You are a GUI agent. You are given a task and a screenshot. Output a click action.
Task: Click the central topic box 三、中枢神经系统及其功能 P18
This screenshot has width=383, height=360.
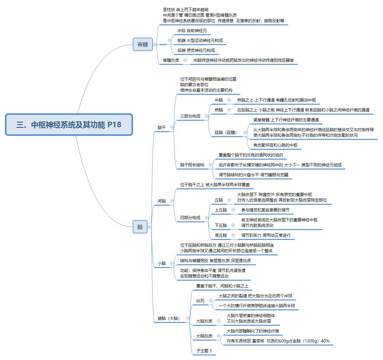[x=69, y=125]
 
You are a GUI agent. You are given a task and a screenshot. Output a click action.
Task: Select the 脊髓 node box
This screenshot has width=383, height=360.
[x=143, y=44]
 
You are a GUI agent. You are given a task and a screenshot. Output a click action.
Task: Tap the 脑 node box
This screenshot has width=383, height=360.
[x=140, y=227]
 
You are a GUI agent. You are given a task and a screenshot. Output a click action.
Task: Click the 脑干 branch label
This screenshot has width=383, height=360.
[x=162, y=128]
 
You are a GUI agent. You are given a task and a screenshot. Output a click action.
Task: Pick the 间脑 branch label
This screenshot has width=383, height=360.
[x=162, y=201]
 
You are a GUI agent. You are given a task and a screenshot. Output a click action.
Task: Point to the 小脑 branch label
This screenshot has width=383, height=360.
[x=162, y=263]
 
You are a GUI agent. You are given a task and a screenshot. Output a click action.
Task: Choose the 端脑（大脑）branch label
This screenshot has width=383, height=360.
[x=169, y=318]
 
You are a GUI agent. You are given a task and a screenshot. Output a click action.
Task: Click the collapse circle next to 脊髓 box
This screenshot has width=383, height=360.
[x=155, y=44]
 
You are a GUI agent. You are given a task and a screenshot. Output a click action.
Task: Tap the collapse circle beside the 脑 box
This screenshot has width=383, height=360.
[x=149, y=227]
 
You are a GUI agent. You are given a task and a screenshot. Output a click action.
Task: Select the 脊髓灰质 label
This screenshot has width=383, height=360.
[x=171, y=60]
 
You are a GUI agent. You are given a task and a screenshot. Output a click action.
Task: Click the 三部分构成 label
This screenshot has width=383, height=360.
[x=190, y=116]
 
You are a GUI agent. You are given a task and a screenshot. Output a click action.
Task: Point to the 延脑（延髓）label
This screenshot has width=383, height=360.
[x=226, y=132]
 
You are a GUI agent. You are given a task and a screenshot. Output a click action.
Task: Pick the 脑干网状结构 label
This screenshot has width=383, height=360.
[x=192, y=165]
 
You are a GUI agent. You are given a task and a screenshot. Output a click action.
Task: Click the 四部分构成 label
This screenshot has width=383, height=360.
[x=190, y=218]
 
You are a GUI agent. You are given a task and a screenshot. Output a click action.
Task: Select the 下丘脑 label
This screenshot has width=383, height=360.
[x=221, y=225]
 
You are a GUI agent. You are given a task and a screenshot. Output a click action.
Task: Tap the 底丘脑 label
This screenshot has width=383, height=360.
[x=221, y=235]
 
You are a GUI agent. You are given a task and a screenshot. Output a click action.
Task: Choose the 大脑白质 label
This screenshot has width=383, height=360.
[x=204, y=336]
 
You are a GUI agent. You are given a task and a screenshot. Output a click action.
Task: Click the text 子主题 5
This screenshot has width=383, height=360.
[x=204, y=350]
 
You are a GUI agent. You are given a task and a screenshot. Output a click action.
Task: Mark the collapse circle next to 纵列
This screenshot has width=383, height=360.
[x=210, y=301]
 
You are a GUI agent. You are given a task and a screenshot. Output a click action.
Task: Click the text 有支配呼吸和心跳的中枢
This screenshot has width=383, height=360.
[x=275, y=145]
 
